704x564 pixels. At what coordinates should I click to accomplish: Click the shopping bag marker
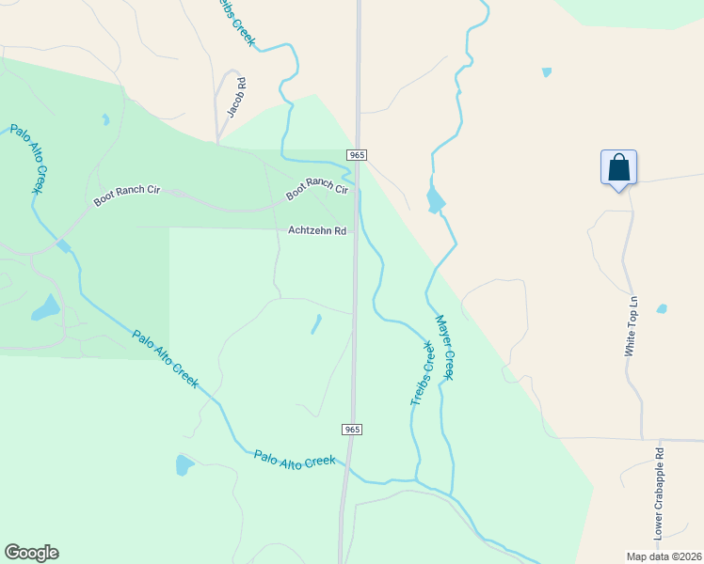(618, 168)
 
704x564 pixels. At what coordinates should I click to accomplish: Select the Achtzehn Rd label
(317, 230)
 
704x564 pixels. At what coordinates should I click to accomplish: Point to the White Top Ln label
(632, 326)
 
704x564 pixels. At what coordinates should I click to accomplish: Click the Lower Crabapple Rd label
(660, 493)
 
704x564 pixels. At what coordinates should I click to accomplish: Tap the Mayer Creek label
(444, 347)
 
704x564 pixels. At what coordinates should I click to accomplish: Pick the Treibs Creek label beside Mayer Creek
(423, 374)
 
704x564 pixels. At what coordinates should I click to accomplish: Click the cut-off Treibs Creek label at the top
(236, 20)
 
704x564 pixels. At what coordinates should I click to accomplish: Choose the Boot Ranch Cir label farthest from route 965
(127, 196)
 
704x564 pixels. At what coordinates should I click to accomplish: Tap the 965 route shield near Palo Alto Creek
(351, 429)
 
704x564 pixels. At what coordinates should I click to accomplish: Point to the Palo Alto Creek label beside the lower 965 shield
(295, 461)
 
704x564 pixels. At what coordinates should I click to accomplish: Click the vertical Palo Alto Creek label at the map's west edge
(27, 159)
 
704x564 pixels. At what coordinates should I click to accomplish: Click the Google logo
(31, 553)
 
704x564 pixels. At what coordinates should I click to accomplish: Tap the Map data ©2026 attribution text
(664, 556)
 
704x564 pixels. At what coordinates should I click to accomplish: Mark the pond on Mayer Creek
(435, 200)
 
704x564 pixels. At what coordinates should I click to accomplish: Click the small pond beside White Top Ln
(662, 308)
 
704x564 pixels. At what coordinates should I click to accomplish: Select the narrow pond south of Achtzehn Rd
(315, 324)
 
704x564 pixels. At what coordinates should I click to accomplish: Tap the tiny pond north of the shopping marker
(547, 72)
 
